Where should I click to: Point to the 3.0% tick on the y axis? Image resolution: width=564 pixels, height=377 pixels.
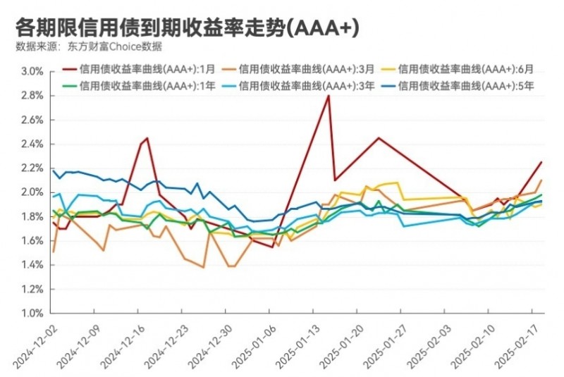coord(32,71)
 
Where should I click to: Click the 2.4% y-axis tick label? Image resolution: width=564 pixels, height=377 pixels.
coord(32,144)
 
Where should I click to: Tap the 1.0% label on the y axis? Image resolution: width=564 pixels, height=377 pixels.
coord(32,314)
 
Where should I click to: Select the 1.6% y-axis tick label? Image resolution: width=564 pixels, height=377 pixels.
coord(32,241)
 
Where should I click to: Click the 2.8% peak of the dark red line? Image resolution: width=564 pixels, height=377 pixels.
coord(329,96)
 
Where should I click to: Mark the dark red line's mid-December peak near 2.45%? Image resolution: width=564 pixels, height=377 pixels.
coord(147,138)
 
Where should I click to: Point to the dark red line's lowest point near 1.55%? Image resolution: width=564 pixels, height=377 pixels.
coord(272,247)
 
